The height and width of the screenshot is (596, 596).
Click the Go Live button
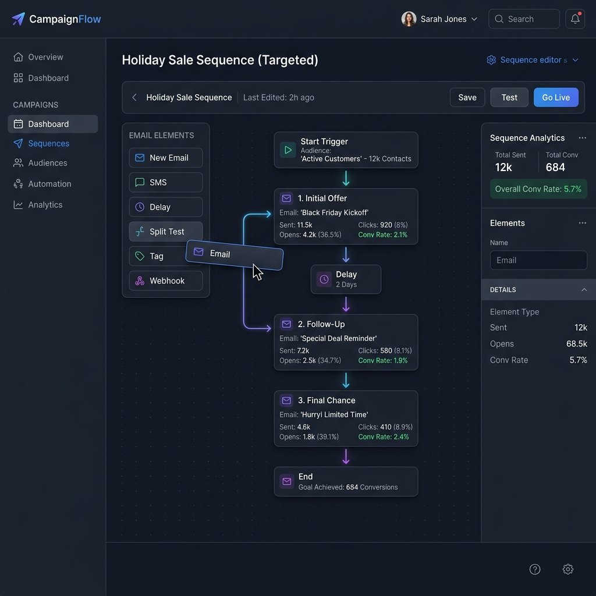coord(556,97)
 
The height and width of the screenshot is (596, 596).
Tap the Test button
coord(509,97)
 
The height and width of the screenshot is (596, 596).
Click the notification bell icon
coord(575,19)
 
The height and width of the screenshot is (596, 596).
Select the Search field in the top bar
coord(524,19)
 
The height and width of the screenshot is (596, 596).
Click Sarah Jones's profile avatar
coord(409,19)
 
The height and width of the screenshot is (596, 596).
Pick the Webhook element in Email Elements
coord(166,281)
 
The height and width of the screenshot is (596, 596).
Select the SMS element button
coord(166,182)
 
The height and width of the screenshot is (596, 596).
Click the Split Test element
coord(166,231)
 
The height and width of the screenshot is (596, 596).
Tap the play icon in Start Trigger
coord(288,150)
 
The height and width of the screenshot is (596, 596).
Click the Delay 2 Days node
coord(346,279)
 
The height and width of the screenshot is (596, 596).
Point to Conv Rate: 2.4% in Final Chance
coord(383,437)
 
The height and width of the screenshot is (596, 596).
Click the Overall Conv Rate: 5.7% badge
coord(538,189)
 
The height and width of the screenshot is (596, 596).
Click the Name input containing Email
coord(538,260)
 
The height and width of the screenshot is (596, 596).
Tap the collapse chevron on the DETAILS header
coord(584,290)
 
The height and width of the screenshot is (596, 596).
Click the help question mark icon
coord(534,569)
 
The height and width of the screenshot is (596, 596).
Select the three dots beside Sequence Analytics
coord(582,137)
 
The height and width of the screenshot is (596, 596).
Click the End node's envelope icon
coord(286,481)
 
